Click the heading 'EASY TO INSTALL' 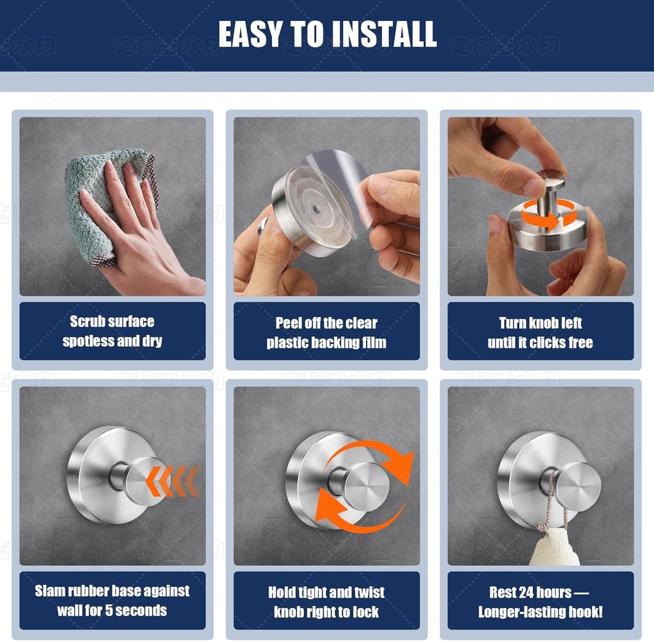click(327, 34)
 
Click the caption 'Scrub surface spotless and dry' click(112, 331)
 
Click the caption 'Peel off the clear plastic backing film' click(326, 332)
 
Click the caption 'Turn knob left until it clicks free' click(540, 332)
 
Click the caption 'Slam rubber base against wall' click(112, 591)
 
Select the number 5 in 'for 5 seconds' click(109, 610)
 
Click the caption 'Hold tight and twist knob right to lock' click(326, 601)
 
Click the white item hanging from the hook click(554, 549)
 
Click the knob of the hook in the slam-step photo click(145, 480)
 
